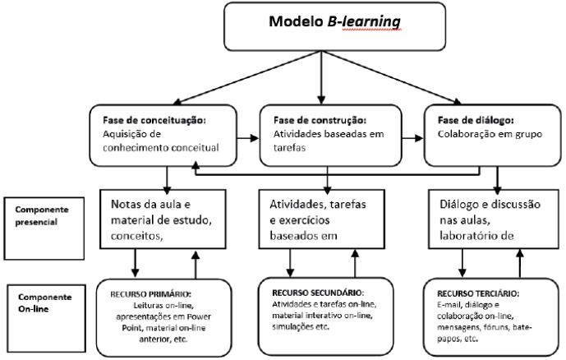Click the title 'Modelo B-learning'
pos(334,21)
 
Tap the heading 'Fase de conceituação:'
pos(154,120)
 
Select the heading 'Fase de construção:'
pos(320,120)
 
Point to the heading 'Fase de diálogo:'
pos(476,120)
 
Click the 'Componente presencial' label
pos(42,215)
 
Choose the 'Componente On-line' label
pos(44,303)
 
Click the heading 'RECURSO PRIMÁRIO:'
pos(151,294)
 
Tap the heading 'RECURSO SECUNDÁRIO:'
pos(318,293)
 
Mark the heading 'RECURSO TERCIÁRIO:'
pos(478,293)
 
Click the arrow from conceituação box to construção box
pos(247,138)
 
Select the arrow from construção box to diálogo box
pos(412,138)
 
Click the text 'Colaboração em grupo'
pos(490,134)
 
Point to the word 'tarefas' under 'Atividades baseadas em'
pos(289,148)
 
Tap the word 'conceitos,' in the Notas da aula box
pos(137,236)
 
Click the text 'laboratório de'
pos(476,236)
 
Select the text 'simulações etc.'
pos(301,327)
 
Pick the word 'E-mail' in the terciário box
pos(449,305)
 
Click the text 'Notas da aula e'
pos(150,205)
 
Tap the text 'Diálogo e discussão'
pos(490,205)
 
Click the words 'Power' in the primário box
pos(199,316)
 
